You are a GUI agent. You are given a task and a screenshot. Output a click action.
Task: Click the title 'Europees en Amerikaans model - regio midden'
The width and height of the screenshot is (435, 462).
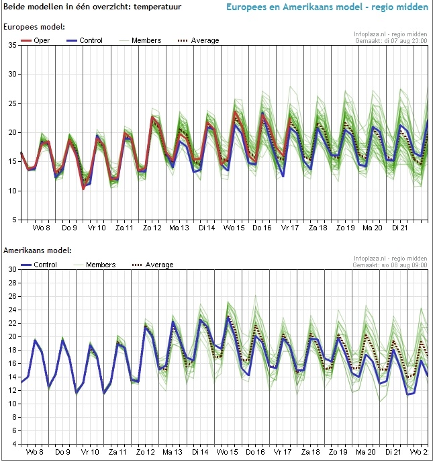(x=327, y=8)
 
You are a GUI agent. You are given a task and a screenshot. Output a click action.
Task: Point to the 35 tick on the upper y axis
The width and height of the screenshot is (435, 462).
(x=13, y=45)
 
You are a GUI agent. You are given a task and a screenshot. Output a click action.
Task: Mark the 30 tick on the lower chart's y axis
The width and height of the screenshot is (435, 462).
(x=13, y=269)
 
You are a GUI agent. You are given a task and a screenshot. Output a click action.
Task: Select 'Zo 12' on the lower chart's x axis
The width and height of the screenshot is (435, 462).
(x=152, y=453)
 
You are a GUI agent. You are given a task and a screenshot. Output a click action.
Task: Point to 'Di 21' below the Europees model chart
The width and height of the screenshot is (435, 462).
(x=400, y=228)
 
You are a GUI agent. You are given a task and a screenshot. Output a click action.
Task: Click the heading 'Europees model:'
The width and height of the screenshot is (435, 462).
(x=34, y=27)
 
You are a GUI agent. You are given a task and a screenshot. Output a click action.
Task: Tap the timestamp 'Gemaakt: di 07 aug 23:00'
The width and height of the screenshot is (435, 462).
(x=392, y=40)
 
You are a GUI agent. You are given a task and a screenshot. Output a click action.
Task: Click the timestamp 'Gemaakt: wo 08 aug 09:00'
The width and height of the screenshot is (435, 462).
(x=392, y=264)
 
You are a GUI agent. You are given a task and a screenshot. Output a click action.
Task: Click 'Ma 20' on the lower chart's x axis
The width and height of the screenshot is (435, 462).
(x=373, y=453)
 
